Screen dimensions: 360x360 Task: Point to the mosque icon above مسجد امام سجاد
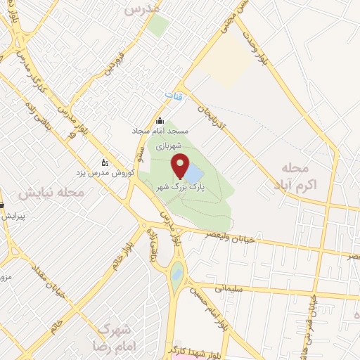pos(160,120)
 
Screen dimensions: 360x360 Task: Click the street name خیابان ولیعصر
pos(239,239)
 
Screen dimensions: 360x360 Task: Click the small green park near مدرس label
pos(158,26)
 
